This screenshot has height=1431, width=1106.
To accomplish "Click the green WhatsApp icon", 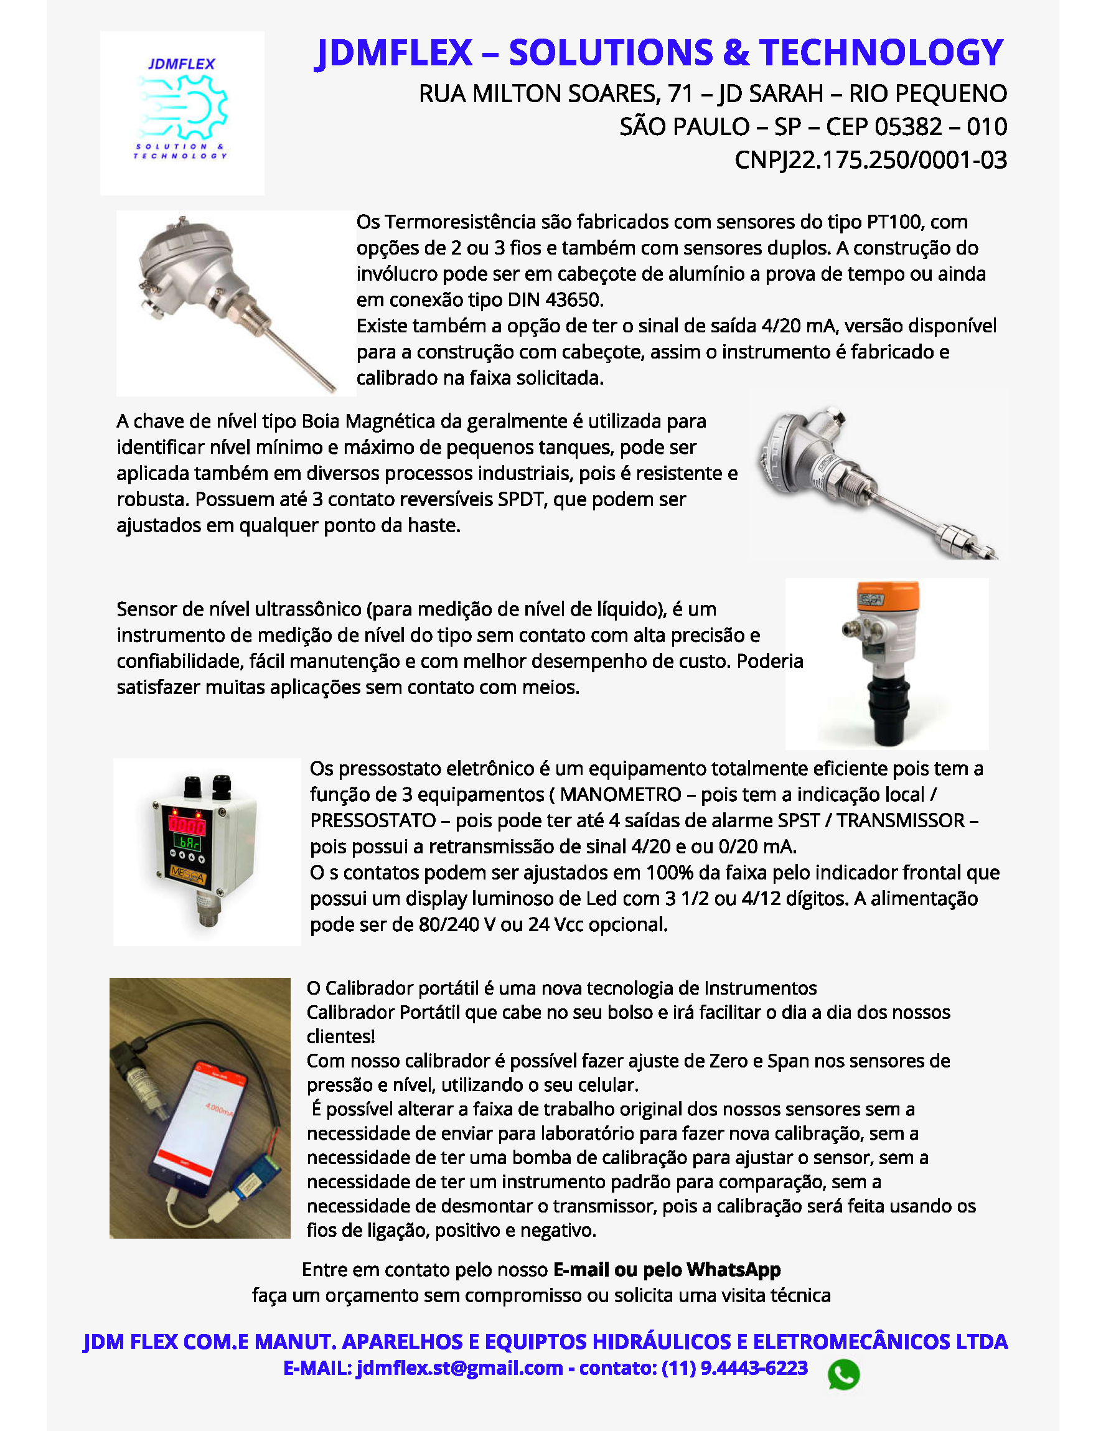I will pyautogui.click(x=843, y=1374).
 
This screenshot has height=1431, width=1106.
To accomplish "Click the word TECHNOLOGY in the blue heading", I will pyautogui.click(x=881, y=52).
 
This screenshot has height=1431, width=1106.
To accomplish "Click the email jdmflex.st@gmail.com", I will pyautogui.click(x=459, y=1369).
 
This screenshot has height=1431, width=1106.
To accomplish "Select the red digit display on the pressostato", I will pyautogui.click(x=187, y=824).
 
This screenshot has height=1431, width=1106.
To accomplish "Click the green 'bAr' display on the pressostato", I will pyautogui.click(x=187, y=842).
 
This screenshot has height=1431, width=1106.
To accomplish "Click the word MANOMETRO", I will pyautogui.click(x=621, y=795).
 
